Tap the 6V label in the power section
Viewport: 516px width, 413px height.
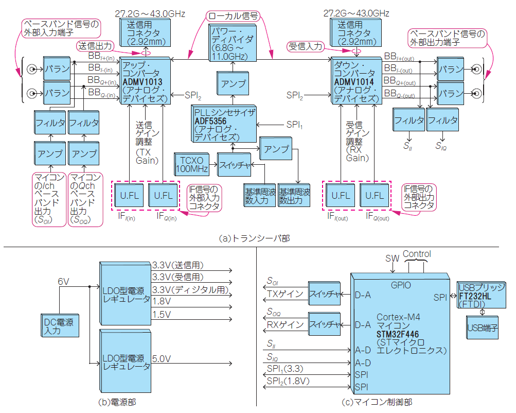click(x=63, y=281)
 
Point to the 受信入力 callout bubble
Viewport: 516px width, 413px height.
click(x=306, y=46)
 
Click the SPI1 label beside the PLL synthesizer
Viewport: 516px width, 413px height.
click(x=294, y=125)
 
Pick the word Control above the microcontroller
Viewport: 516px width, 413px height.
click(x=417, y=254)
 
